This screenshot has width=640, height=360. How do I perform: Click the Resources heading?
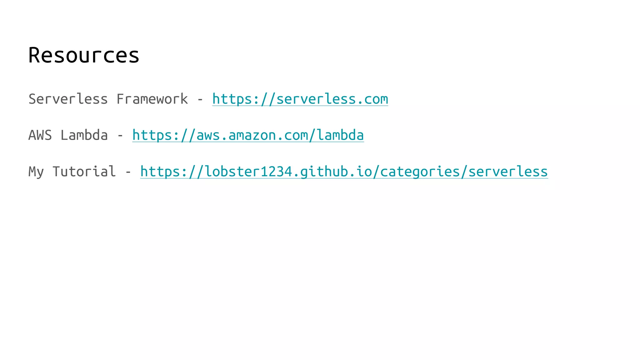pos(84,55)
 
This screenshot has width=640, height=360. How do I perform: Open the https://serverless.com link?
pos(300,99)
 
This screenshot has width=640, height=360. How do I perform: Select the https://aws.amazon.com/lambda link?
pos(248,135)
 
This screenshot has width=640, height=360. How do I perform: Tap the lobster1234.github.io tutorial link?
pos(344,172)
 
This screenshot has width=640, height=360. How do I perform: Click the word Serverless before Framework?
pos(68,99)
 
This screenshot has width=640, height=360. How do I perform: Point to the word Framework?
pos(152,99)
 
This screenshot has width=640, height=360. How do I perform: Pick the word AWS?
pos(40,135)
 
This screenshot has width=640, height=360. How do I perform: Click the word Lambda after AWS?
pos(84,135)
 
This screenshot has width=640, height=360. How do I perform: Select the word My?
pos(36,172)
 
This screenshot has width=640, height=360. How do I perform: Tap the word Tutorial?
pos(84,172)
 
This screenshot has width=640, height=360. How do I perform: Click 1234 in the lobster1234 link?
pos(276,172)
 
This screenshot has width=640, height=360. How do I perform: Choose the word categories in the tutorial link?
pos(420,172)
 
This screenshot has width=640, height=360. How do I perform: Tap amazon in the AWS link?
pos(252,135)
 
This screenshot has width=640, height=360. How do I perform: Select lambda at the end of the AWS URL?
pos(340,135)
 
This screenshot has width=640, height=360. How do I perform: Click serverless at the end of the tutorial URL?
pos(508,172)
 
